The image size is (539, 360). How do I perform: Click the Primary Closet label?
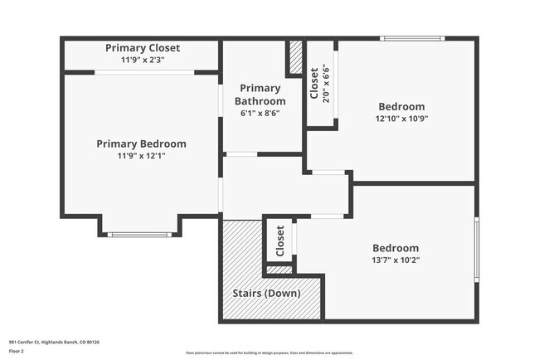142,48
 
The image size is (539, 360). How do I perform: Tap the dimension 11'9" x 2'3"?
142,60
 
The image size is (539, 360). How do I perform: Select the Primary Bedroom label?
141,144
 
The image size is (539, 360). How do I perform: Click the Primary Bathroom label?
260,95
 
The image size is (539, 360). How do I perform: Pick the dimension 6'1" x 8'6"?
260,114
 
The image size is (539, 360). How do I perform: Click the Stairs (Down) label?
265,294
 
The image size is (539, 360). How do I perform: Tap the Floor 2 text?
15,350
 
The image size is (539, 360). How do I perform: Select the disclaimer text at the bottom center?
269,352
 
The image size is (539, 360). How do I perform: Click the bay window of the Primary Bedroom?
144,235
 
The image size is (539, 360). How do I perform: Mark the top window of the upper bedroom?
412,38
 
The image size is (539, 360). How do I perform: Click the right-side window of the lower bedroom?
476,249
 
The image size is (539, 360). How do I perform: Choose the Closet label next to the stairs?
280,241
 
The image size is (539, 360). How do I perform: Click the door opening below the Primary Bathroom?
241,154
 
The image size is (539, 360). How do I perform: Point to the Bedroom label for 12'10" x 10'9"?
401,106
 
